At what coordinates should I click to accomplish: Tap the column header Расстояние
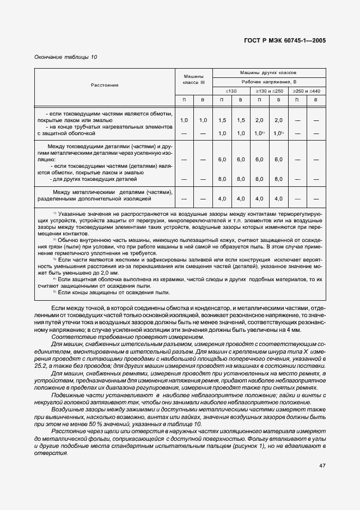pyautogui.click(x=105, y=85)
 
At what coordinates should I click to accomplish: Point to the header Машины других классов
pyautogui.click(x=269, y=72)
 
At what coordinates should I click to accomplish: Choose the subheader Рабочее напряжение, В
pyautogui.click(x=269, y=81)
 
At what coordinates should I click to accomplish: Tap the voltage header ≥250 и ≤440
pyautogui.click(x=307, y=90)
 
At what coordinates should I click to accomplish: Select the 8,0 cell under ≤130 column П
pyautogui.click(x=222, y=179)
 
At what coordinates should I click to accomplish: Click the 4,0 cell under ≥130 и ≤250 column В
pyautogui.click(x=278, y=199)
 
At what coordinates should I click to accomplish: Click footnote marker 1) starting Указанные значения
pyautogui.click(x=54, y=213)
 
